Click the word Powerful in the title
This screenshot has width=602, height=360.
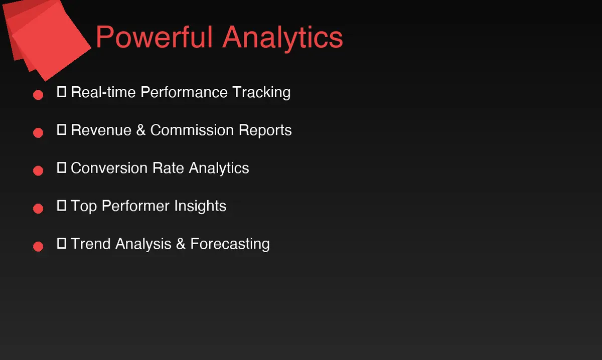coord(154,37)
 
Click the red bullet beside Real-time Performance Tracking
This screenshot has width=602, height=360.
coord(38,95)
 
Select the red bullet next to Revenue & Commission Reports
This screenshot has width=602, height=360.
coord(38,133)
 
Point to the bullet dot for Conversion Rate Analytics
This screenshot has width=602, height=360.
coord(38,170)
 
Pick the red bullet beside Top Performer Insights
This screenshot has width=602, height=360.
coord(38,209)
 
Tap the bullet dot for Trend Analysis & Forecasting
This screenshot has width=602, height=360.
coord(38,246)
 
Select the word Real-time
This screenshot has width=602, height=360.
coord(103,92)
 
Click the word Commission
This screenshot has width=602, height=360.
coord(192,130)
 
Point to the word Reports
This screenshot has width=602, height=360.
coord(265,130)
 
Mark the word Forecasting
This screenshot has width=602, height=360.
coord(230,244)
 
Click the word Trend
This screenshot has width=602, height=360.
coord(91,244)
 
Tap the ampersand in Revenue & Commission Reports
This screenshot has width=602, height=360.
coord(140,130)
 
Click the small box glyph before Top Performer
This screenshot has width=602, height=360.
coord(62,205)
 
